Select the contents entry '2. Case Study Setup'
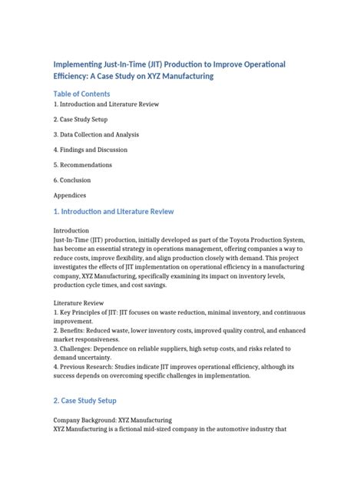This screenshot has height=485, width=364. pyautogui.click(x=81, y=119)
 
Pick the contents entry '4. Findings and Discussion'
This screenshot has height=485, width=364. pyautogui.click(x=91, y=150)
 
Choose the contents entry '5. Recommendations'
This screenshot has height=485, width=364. pyautogui.click(x=82, y=165)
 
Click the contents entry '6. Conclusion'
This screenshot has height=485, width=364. pyautogui.click(x=72, y=180)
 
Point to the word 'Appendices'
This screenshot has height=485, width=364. pyautogui.click(x=71, y=195)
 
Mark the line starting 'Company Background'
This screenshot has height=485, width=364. pyautogui.click(x=112, y=421)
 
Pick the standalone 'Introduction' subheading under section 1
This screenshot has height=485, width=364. pyautogui.click(x=71, y=230)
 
